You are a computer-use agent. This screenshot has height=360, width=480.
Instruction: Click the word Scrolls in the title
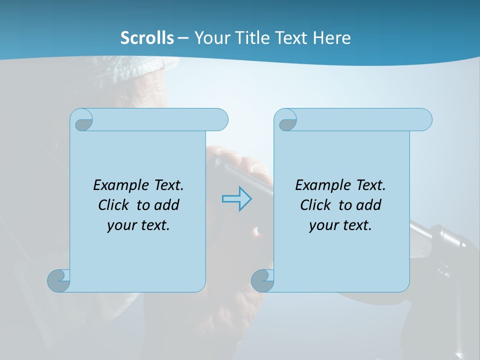(147, 37)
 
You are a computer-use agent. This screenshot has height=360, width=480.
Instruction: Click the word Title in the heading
(253, 37)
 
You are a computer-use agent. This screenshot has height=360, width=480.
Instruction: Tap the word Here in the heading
(332, 37)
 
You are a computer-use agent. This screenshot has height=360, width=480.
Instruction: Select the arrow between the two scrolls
(236, 198)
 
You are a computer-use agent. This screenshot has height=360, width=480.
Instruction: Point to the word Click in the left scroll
(115, 205)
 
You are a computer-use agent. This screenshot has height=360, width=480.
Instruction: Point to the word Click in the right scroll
(317, 205)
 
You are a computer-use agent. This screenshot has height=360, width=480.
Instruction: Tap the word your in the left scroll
(121, 225)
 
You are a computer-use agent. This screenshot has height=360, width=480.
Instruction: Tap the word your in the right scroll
(323, 225)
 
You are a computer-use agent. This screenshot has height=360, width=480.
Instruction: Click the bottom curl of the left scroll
(58, 281)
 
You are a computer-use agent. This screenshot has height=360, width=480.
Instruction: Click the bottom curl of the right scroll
(262, 281)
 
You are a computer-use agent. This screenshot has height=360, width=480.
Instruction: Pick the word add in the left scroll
(167, 205)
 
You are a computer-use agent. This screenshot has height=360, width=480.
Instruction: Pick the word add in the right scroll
(369, 205)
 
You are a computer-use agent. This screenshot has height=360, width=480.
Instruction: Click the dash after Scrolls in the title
(183, 38)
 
